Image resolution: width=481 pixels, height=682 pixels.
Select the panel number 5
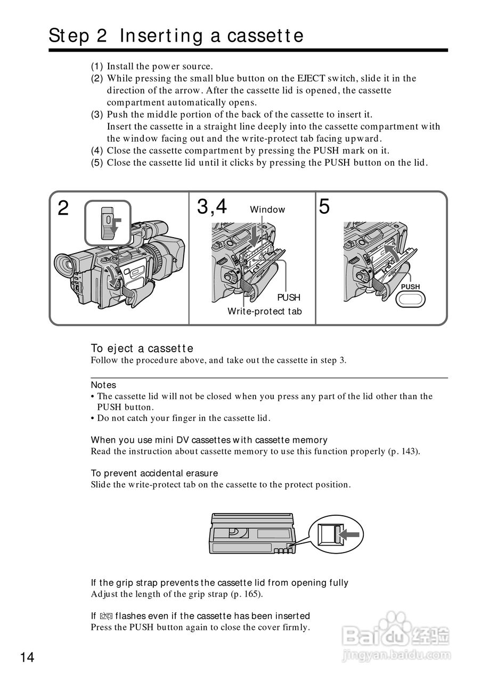[x=324, y=207]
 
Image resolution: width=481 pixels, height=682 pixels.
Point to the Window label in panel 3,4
[x=267, y=210]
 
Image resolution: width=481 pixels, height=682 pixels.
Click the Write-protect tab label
[x=264, y=311]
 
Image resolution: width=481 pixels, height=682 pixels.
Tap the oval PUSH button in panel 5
[x=410, y=299]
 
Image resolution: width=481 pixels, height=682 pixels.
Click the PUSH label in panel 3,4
[x=288, y=297]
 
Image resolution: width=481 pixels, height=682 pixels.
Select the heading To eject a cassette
[x=142, y=348]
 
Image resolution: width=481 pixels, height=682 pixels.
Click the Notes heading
[x=103, y=385]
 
